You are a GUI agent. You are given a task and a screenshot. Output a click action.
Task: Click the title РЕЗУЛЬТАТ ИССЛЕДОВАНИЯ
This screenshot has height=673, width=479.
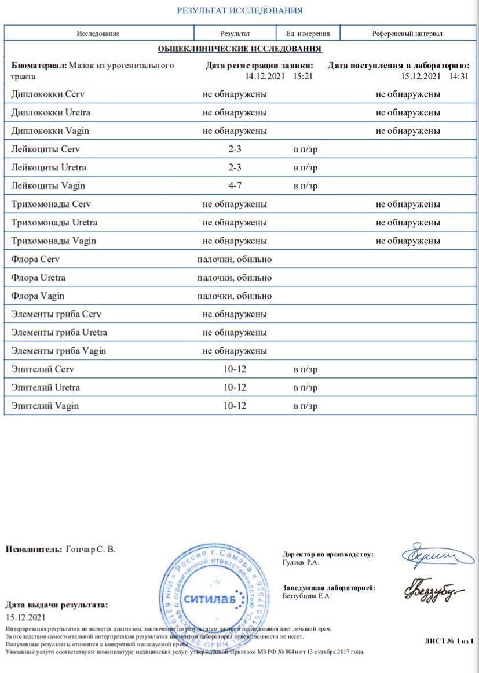[239, 10]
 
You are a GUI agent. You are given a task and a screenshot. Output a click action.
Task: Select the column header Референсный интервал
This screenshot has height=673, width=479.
[407, 34]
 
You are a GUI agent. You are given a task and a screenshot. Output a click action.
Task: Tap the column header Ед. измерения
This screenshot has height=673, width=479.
[308, 34]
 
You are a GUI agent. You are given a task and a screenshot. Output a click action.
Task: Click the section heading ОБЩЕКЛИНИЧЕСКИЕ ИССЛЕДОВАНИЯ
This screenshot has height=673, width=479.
[240, 49]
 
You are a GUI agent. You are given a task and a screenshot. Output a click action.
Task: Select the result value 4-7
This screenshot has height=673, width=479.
[235, 186]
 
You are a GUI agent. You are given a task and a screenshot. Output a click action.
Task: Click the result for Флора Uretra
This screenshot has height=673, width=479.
[235, 278]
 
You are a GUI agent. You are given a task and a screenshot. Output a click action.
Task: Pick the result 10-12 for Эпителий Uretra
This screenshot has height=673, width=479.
[235, 388]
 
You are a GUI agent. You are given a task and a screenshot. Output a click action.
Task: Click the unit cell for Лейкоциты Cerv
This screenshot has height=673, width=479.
[305, 150]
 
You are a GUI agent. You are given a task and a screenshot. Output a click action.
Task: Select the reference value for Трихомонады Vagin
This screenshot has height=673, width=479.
[407, 241]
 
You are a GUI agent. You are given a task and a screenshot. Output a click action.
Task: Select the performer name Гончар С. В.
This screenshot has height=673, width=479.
[91, 549]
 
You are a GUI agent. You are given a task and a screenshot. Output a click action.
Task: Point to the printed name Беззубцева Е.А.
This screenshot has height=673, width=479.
[307, 597]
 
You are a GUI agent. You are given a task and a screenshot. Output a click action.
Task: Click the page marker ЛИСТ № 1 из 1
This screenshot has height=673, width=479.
[449, 641]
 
